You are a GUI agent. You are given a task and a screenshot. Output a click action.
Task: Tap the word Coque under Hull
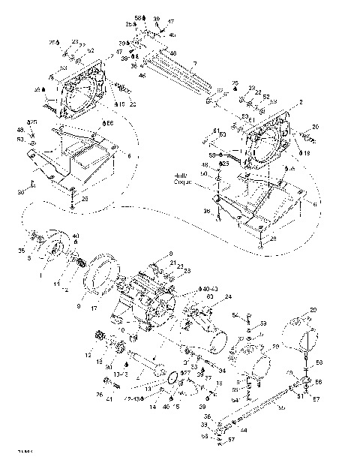pyautogui.click(x=183, y=182)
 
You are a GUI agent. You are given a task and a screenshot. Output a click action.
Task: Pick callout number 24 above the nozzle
pyautogui.click(x=228, y=296)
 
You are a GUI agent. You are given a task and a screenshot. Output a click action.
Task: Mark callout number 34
pyautogui.click(x=222, y=370)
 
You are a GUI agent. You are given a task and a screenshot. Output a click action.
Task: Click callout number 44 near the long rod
pyautogui.click(x=244, y=431)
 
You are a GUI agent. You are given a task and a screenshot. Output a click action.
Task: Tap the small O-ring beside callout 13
pyautogui.click(x=172, y=377)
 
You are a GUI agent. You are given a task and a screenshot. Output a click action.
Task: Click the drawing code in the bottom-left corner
pyautogui.click(x=16, y=452)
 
